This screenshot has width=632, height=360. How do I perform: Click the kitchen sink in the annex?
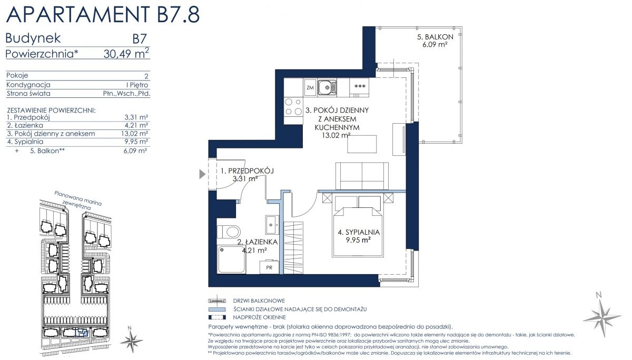point(327,87)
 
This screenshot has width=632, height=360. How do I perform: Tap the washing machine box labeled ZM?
point(310,87)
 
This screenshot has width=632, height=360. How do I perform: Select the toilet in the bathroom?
point(229,232)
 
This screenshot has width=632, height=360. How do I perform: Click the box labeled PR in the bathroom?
point(269,267)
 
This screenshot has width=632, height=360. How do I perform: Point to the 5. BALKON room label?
point(435,37)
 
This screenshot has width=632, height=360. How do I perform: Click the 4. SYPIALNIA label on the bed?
point(359,232)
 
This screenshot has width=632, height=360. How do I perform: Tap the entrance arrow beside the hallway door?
point(202,174)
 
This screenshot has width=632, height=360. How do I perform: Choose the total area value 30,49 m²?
point(126,53)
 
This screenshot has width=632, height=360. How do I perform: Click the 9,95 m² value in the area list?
point(136,142)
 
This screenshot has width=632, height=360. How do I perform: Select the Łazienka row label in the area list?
point(25,125)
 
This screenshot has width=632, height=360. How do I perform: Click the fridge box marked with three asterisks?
point(359,88)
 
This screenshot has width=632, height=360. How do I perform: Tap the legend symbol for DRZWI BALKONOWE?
point(217,301)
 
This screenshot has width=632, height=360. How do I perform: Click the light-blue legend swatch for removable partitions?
point(217,309)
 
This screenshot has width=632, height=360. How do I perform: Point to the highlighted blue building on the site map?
point(82,333)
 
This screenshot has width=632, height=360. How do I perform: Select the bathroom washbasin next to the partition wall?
point(271,225)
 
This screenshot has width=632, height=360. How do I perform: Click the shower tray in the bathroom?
point(231,259)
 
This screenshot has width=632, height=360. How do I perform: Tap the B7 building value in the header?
point(140,39)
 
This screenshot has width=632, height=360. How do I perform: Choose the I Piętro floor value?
point(137,85)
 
